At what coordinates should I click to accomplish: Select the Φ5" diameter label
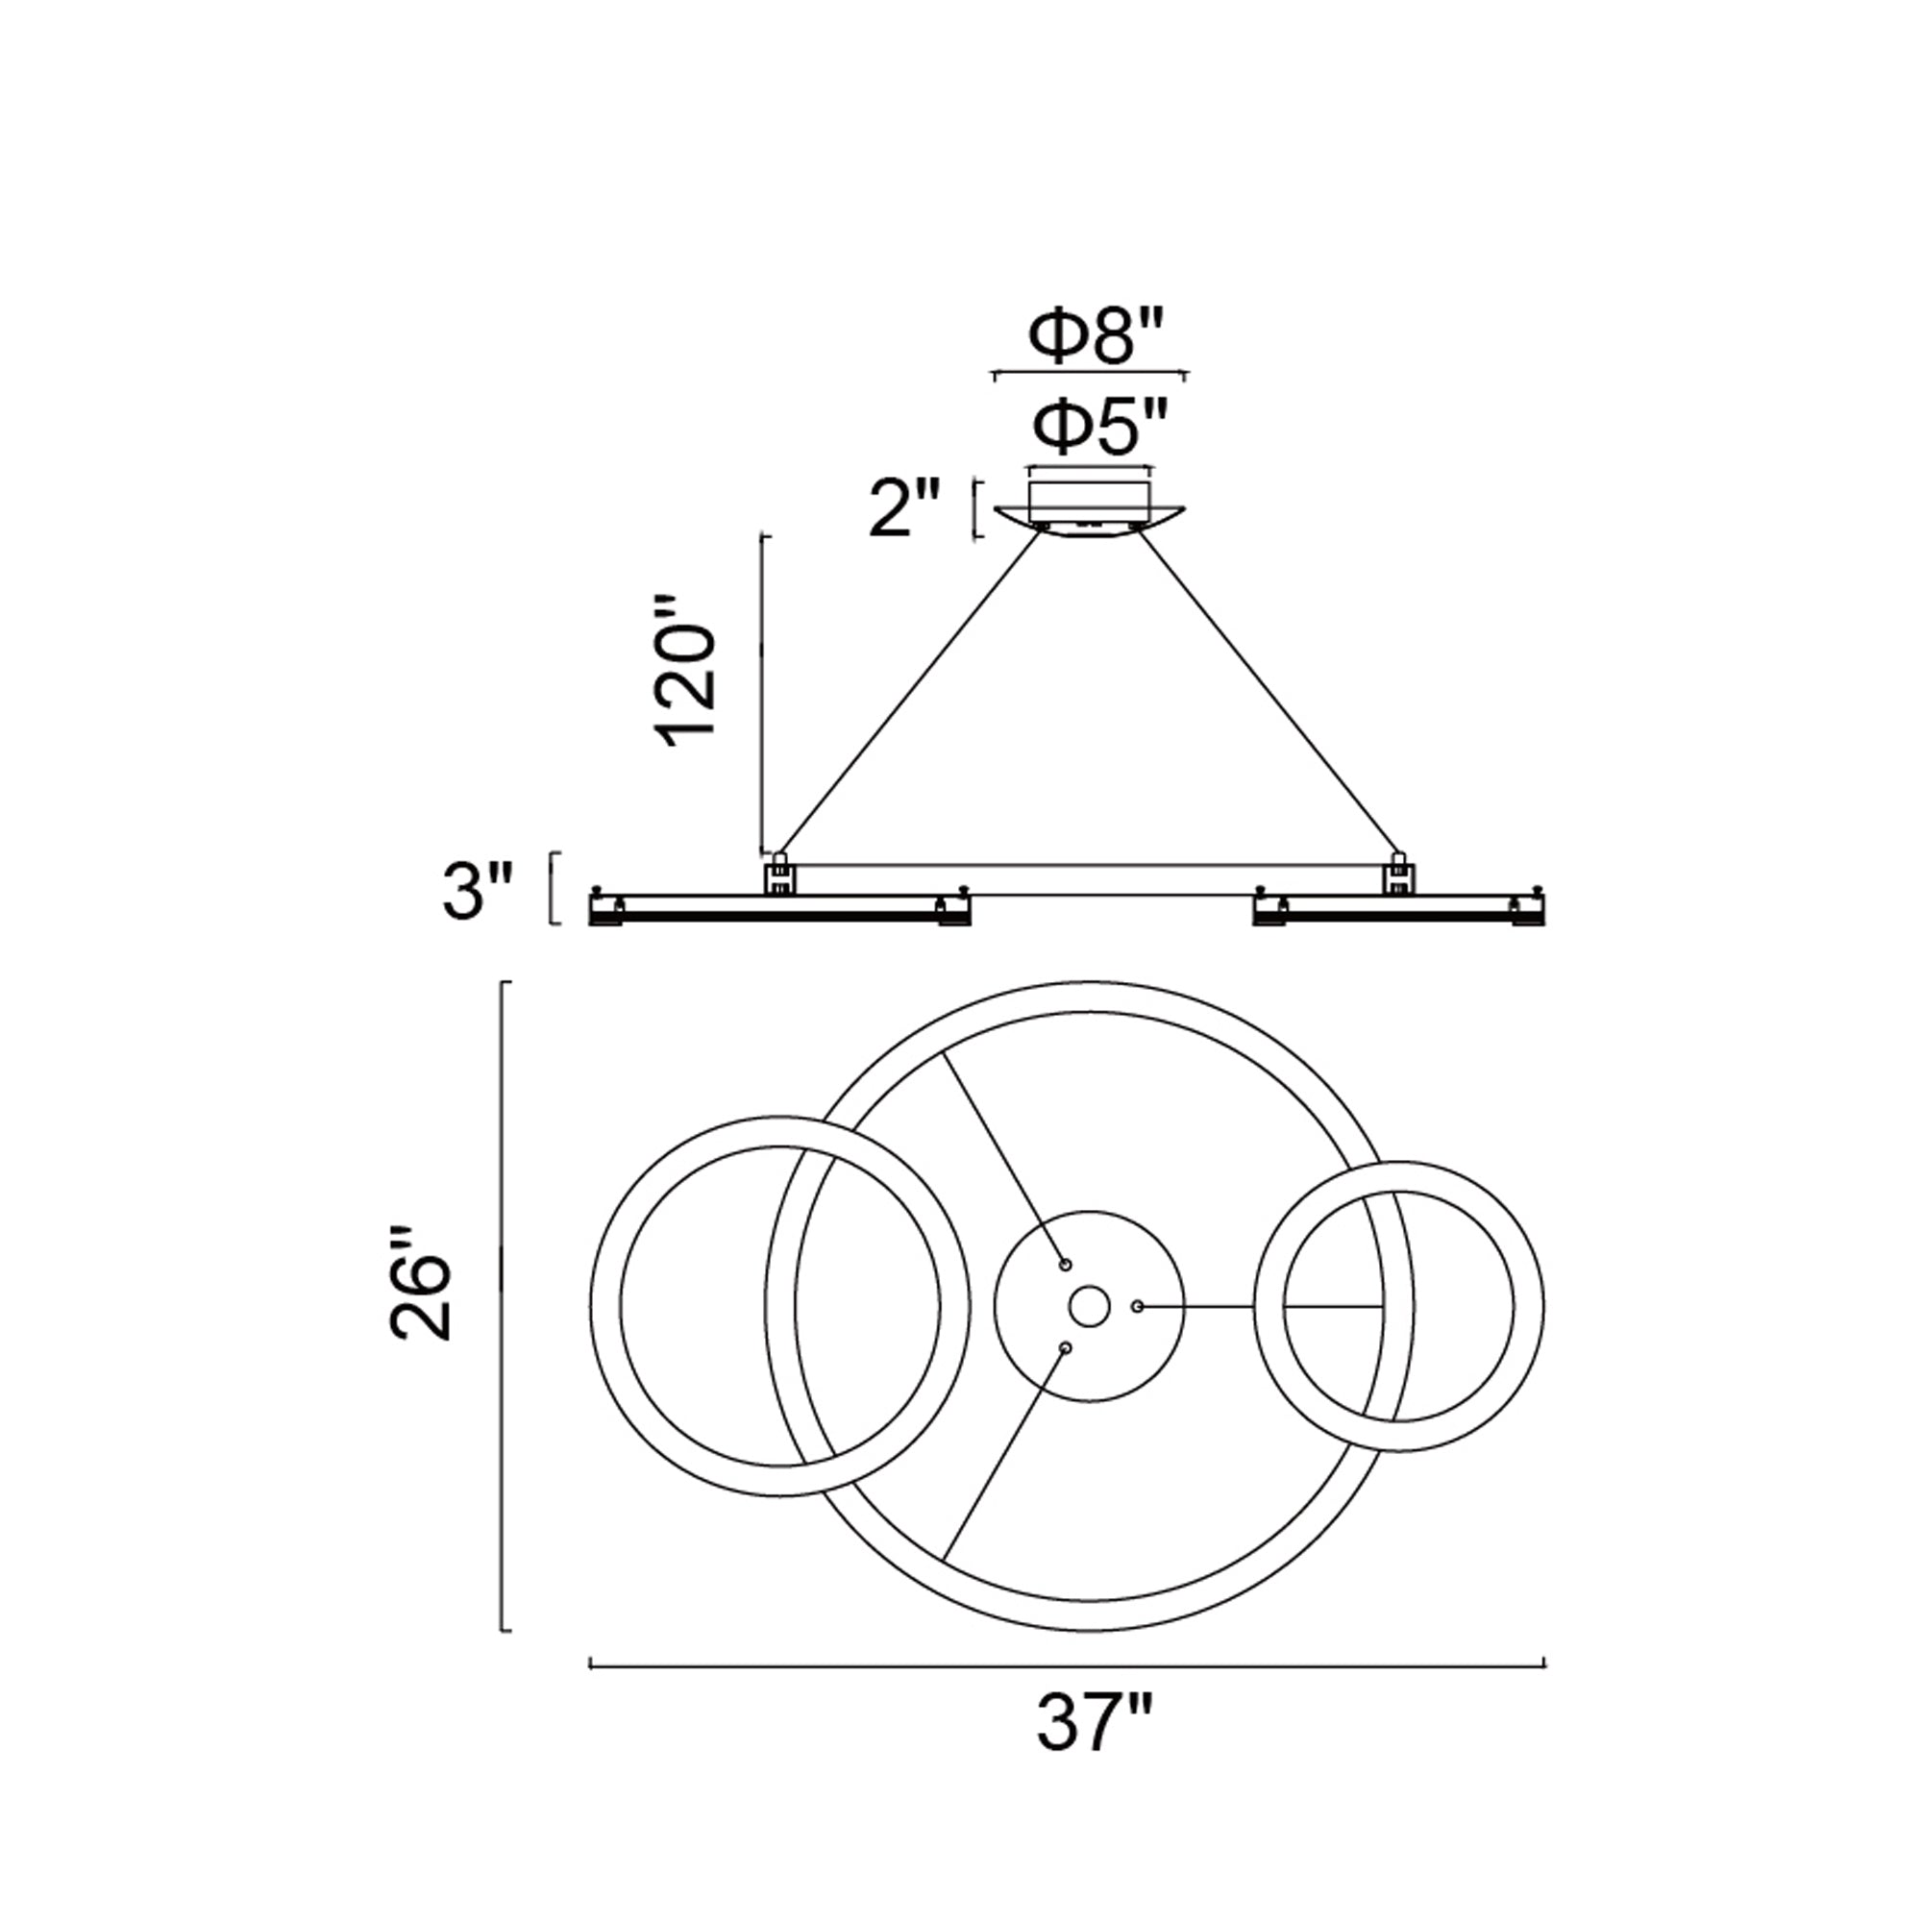coord(1097,427)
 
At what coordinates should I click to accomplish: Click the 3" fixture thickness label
coord(478,892)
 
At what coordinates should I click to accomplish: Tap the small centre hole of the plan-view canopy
coord(1090,1305)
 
